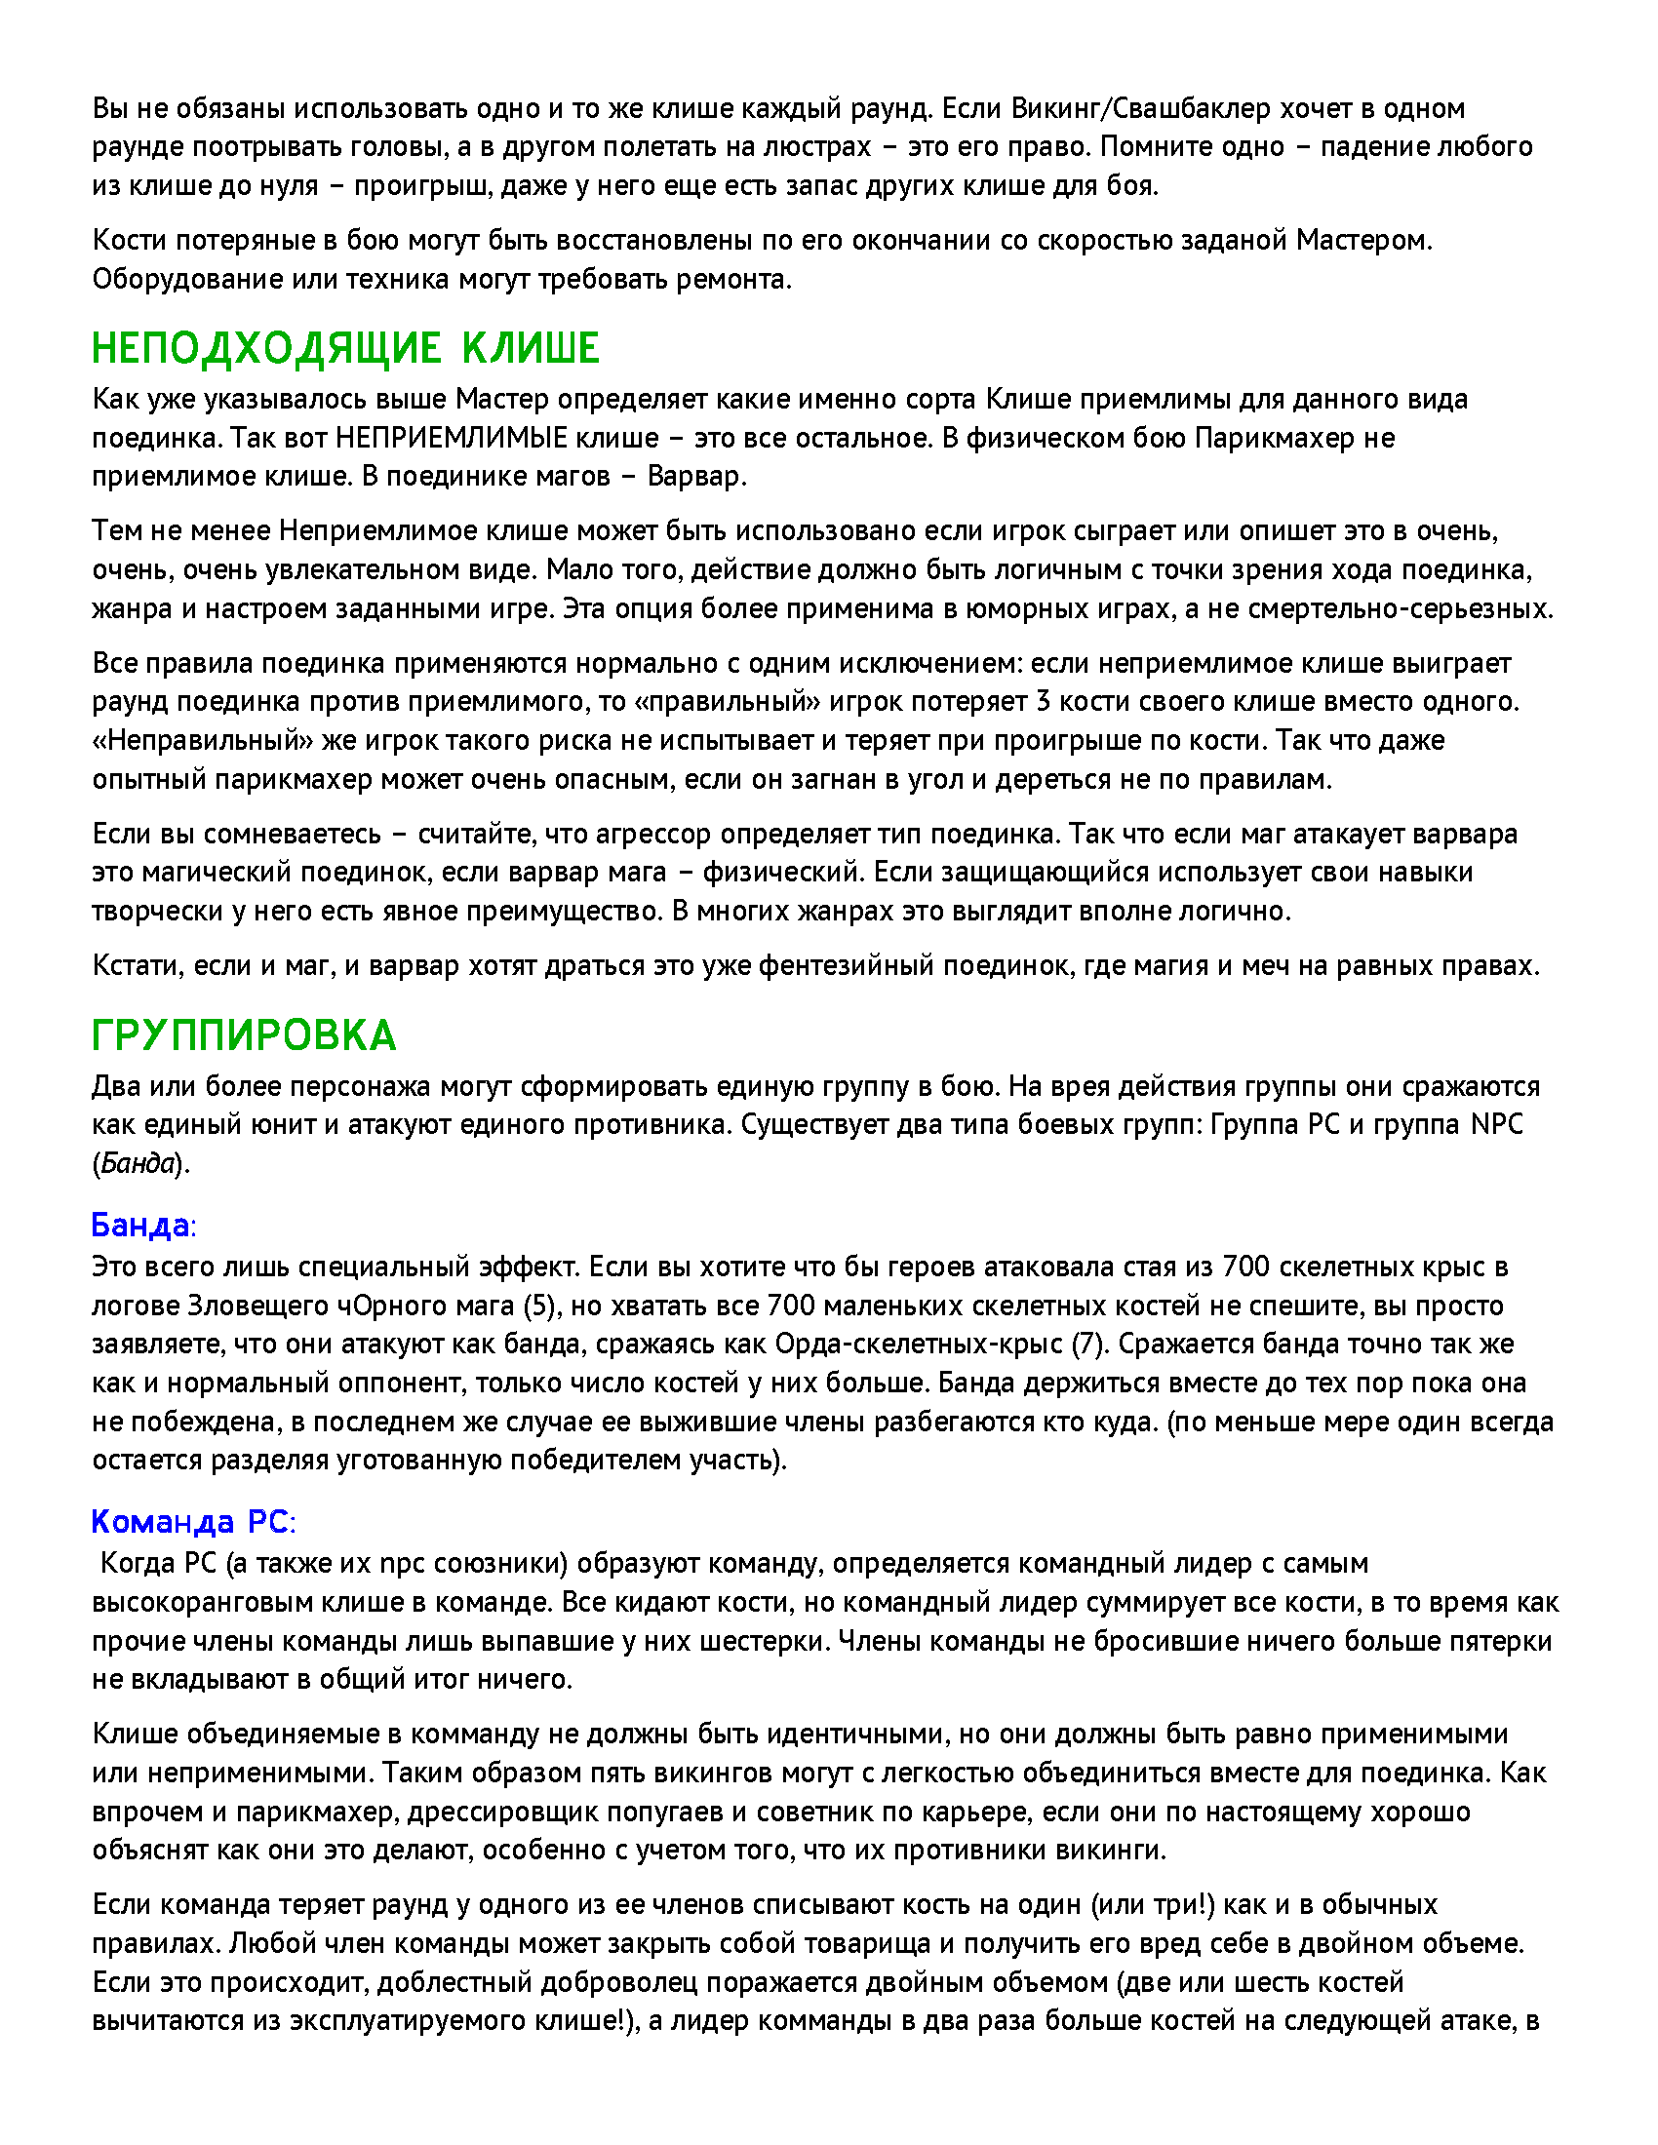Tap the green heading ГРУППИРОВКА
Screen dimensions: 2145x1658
[244, 1035]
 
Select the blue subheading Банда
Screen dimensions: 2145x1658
[140, 1225]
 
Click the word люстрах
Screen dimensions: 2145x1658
[816, 146]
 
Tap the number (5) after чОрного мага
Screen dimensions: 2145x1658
[539, 1306]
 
